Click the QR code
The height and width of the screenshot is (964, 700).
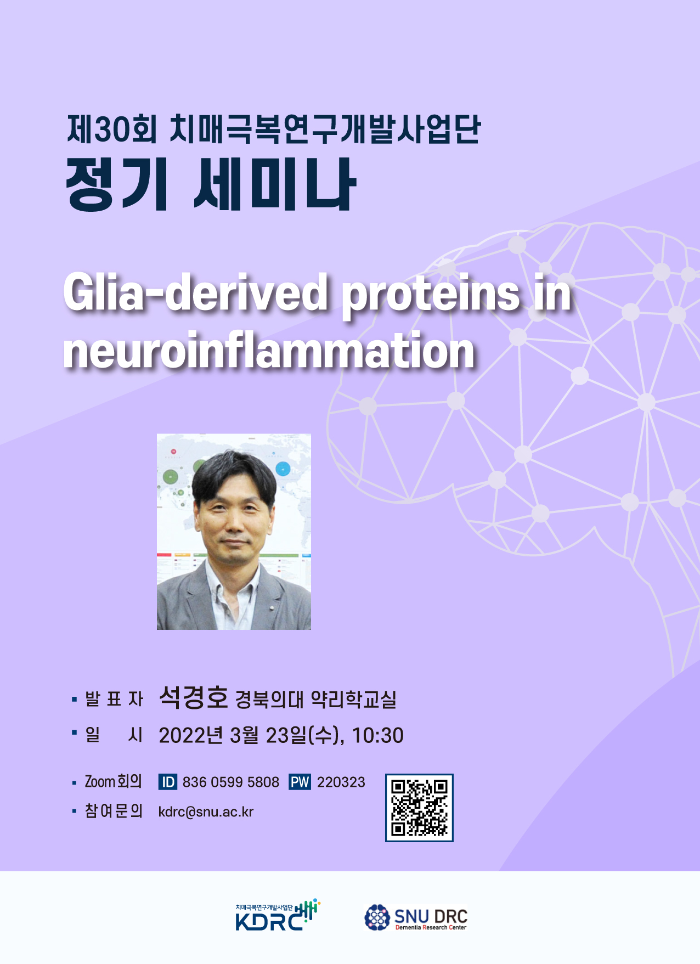[x=419, y=808]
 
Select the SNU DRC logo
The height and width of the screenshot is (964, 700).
[x=416, y=917]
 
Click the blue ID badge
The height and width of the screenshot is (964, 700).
[x=167, y=782]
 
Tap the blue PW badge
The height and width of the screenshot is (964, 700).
[x=300, y=782]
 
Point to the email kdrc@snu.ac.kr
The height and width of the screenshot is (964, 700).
[x=206, y=812]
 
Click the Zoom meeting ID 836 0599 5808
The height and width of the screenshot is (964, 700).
[x=230, y=782]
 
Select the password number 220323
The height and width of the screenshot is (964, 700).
[x=341, y=782]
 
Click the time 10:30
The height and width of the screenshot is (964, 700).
[x=377, y=735]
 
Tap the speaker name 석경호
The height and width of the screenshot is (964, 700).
[x=193, y=697]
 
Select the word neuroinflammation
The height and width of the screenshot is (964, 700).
[x=269, y=350]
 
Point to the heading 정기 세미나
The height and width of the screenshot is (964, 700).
[x=211, y=184]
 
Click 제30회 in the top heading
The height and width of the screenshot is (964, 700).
[x=112, y=129]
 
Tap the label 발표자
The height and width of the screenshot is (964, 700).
[x=114, y=699]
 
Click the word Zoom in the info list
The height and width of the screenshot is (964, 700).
[x=99, y=781]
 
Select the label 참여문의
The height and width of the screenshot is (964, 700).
[x=114, y=811]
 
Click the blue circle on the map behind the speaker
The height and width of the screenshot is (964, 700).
[x=283, y=469]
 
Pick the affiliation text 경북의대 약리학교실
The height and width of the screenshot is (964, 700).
[x=315, y=700]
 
